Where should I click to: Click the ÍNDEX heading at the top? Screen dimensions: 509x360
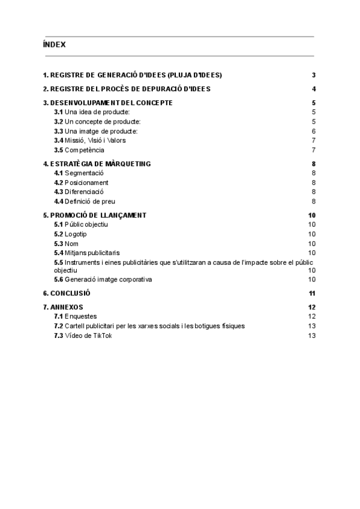(54, 44)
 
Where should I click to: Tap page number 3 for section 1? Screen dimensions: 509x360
(314, 75)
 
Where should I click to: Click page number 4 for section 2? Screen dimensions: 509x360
(314, 89)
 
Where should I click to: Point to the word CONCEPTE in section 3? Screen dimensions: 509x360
(152, 103)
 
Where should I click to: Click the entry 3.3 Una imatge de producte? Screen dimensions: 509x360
(96, 131)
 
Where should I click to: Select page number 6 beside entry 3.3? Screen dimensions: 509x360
(314, 131)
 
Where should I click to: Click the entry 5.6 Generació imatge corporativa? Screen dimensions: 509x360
(103, 279)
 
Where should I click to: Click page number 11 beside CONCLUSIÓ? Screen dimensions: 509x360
(312, 293)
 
